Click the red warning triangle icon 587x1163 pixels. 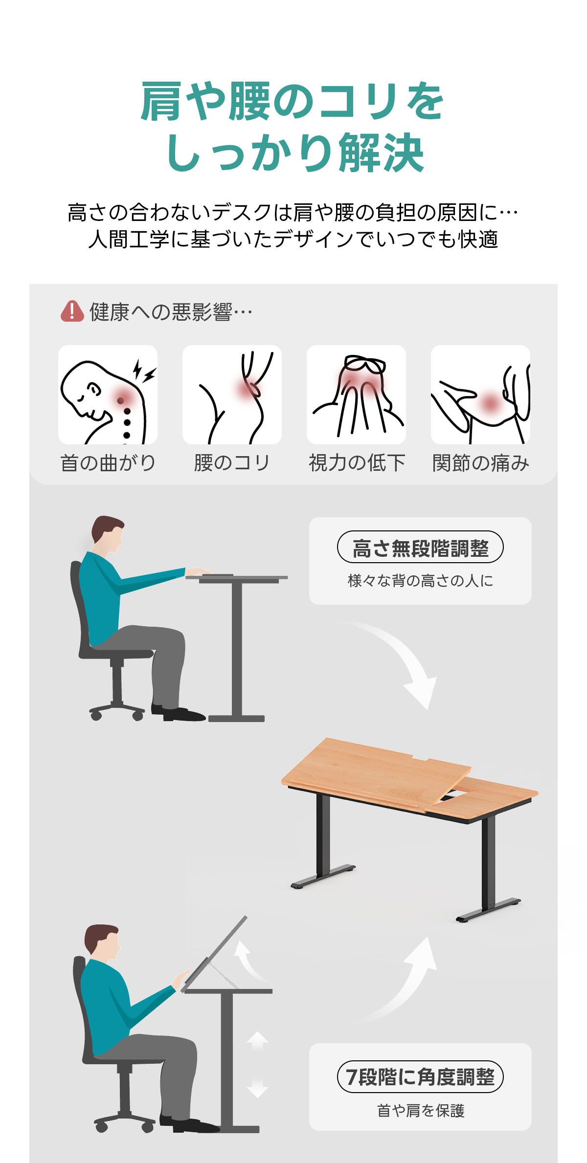[x=72, y=311]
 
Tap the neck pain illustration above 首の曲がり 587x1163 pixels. [x=108, y=395]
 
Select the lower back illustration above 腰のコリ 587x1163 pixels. [x=232, y=395]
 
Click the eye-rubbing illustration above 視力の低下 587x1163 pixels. [x=356, y=395]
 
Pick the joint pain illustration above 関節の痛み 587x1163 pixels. [x=480, y=395]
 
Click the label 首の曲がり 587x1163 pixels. [x=108, y=462]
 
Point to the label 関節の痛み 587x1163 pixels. [x=481, y=462]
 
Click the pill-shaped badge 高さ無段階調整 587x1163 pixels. [x=420, y=547]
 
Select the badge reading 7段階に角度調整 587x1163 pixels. [x=420, y=1076]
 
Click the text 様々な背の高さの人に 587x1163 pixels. [x=420, y=580]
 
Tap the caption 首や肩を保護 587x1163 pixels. [x=421, y=1110]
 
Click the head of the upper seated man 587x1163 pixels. [x=108, y=534]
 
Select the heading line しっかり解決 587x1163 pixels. [x=294, y=153]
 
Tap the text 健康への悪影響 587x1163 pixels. [x=161, y=311]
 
